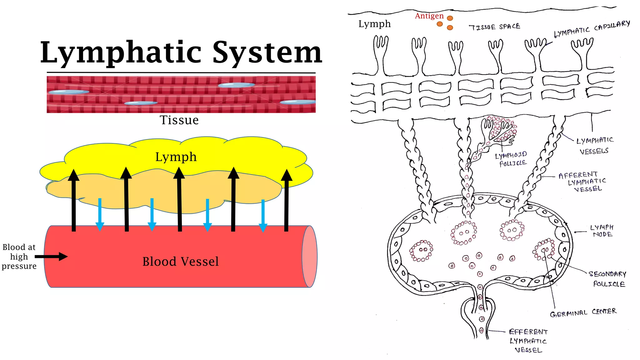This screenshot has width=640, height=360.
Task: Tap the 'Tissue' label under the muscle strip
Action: click(179, 120)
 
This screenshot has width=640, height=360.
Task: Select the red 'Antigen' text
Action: click(429, 16)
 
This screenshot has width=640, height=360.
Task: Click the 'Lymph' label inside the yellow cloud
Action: click(176, 157)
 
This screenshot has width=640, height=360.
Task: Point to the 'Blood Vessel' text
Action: click(180, 262)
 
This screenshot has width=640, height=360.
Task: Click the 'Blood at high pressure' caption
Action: click(19, 257)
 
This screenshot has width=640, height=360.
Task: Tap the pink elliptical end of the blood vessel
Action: click(309, 256)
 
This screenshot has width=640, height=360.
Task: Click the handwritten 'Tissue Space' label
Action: click(494, 27)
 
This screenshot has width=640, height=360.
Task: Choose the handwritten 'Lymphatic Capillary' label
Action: click(592, 29)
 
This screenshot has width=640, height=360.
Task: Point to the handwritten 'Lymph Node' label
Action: click(602, 231)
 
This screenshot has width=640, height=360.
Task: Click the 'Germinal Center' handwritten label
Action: click(583, 312)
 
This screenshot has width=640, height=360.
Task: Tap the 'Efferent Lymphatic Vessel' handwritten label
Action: click(528, 341)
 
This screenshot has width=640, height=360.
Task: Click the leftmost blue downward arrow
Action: click(100, 214)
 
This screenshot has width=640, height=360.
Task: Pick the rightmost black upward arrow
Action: click(286, 200)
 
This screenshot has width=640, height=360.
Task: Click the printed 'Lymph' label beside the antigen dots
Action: click(374, 24)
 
